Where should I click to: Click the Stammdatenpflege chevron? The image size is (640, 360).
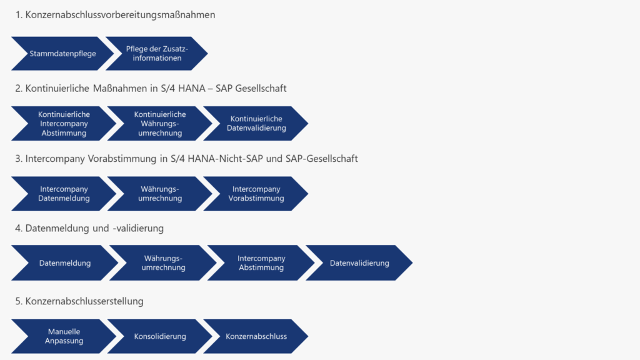[62, 54]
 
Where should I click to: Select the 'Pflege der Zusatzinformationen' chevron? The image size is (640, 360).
[157, 54]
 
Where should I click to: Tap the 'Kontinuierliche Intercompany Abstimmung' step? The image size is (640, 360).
[63, 124]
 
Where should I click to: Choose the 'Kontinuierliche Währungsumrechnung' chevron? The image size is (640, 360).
[160, 124]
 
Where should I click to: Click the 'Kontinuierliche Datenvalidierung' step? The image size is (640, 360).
[256, 124]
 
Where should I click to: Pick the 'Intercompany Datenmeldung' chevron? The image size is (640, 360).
[64, 194]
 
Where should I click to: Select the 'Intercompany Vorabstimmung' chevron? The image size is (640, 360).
[256, 194]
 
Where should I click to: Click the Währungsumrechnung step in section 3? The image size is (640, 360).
[160, 194]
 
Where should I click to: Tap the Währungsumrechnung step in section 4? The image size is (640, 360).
[164, 263]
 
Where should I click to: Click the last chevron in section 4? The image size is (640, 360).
[359, 263]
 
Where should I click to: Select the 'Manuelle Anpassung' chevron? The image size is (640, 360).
[64, 336]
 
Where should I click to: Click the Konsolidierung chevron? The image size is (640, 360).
[160, 336]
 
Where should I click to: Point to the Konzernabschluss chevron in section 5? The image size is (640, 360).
[256, 336]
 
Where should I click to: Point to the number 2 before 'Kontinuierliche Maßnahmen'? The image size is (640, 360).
[18, 89]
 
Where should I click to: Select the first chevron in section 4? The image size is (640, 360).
[65, 263]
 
